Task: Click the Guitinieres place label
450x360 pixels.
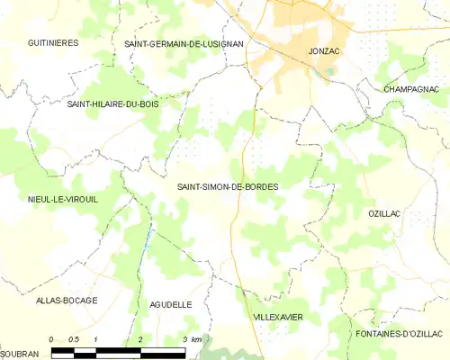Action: pyautogui.click(x=53, y=42)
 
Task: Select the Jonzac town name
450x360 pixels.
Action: pyautogui.click(x=322, y=51)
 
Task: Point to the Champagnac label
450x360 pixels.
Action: pyautogui.click(x=411, y=90)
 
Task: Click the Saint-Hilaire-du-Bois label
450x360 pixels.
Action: pyautogui.click(x=113, y=104)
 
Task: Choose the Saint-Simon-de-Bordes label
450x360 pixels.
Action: pyautogui.click(x=228, y=186)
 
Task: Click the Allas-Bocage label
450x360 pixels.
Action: pyautogui.click(x=67, y=300)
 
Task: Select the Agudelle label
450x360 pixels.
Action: pyautogui.click(x=170, y=305)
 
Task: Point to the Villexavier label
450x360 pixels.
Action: pyautogui.click(x=277, y=318)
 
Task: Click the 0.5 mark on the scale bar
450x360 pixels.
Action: pyautogui.click(x=75, y=338)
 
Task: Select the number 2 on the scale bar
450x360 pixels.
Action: pyautogui.click(x=140, y=338)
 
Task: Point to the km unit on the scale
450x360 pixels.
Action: pyautogui.click(x=197, y=338)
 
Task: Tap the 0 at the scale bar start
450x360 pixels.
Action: pyautogui.click(x=52, y=338)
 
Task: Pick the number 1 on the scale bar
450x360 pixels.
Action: pyautogui.click(x=96, y=338)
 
